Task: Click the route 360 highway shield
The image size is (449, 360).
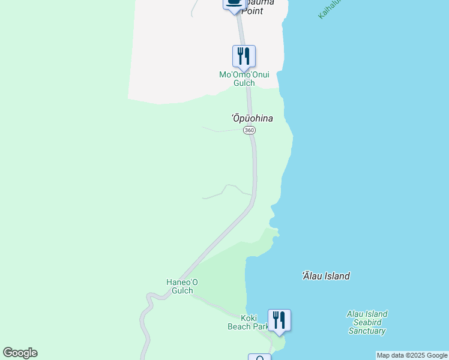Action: click(x=249, y=130)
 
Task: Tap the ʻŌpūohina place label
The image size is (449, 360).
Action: click(x=252, y=118)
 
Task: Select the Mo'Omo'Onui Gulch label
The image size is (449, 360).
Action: click(x=244, y=79)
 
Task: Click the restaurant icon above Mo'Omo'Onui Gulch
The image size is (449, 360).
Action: click(x=244, y=56)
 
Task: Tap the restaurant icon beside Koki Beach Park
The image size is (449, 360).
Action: click(x=279, y=319)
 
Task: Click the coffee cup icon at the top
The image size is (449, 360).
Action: click(x=234, y=3)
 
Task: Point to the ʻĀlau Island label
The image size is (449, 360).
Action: click(x=326, y=276)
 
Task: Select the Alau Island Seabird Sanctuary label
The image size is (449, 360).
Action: click(x=367, y=322)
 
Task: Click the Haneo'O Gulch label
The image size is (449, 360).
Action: click(x=182, y=286)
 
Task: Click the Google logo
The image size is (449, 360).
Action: click(x=20, y=353)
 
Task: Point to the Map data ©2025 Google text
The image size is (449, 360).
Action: click(x=412, y=355)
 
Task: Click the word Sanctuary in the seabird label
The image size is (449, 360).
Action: click(x=367, y=331)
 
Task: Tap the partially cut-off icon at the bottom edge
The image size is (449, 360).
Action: click(x=260, y=358)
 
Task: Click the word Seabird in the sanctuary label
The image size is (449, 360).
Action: click(x=367, y=322)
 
